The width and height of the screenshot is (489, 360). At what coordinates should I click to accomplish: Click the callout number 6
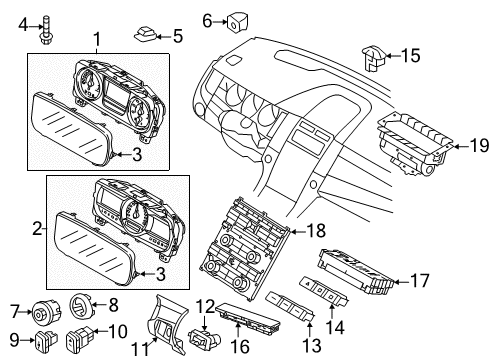tap(208, 19)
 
